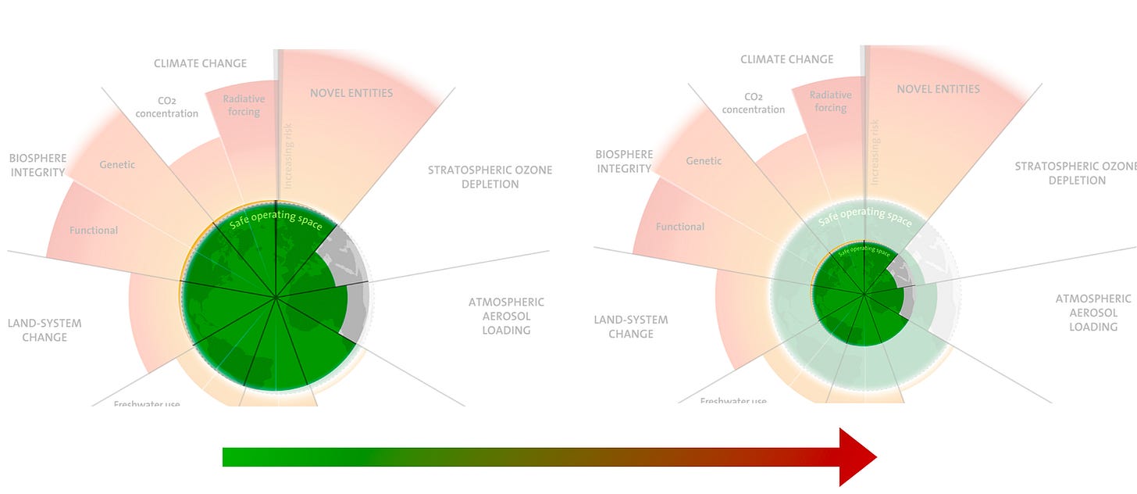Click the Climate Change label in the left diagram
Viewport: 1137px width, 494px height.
click(200, 63)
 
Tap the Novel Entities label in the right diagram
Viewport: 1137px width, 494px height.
click(938, 89)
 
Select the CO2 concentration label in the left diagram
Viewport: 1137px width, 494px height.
click(167, 107)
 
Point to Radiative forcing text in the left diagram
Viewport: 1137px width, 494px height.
click(244, 106)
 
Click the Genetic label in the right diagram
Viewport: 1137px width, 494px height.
click(704, 161)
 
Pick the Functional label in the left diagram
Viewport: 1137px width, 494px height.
click(94, 231)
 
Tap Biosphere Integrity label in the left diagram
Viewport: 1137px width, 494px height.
click(38, 165)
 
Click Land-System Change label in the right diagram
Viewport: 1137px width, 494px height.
click(631, 327)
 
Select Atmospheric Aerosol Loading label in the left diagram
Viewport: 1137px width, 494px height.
click(506, 316)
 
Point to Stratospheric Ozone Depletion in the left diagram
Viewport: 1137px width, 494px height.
click(490, 177)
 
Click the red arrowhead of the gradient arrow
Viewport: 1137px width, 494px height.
click(857, 456)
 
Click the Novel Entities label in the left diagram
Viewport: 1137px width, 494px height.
click(351, 93)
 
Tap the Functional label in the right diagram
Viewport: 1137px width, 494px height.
click(680, 227)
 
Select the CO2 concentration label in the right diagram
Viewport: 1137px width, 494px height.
click(754, 103)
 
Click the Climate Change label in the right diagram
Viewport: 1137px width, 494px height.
click(786, 59)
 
